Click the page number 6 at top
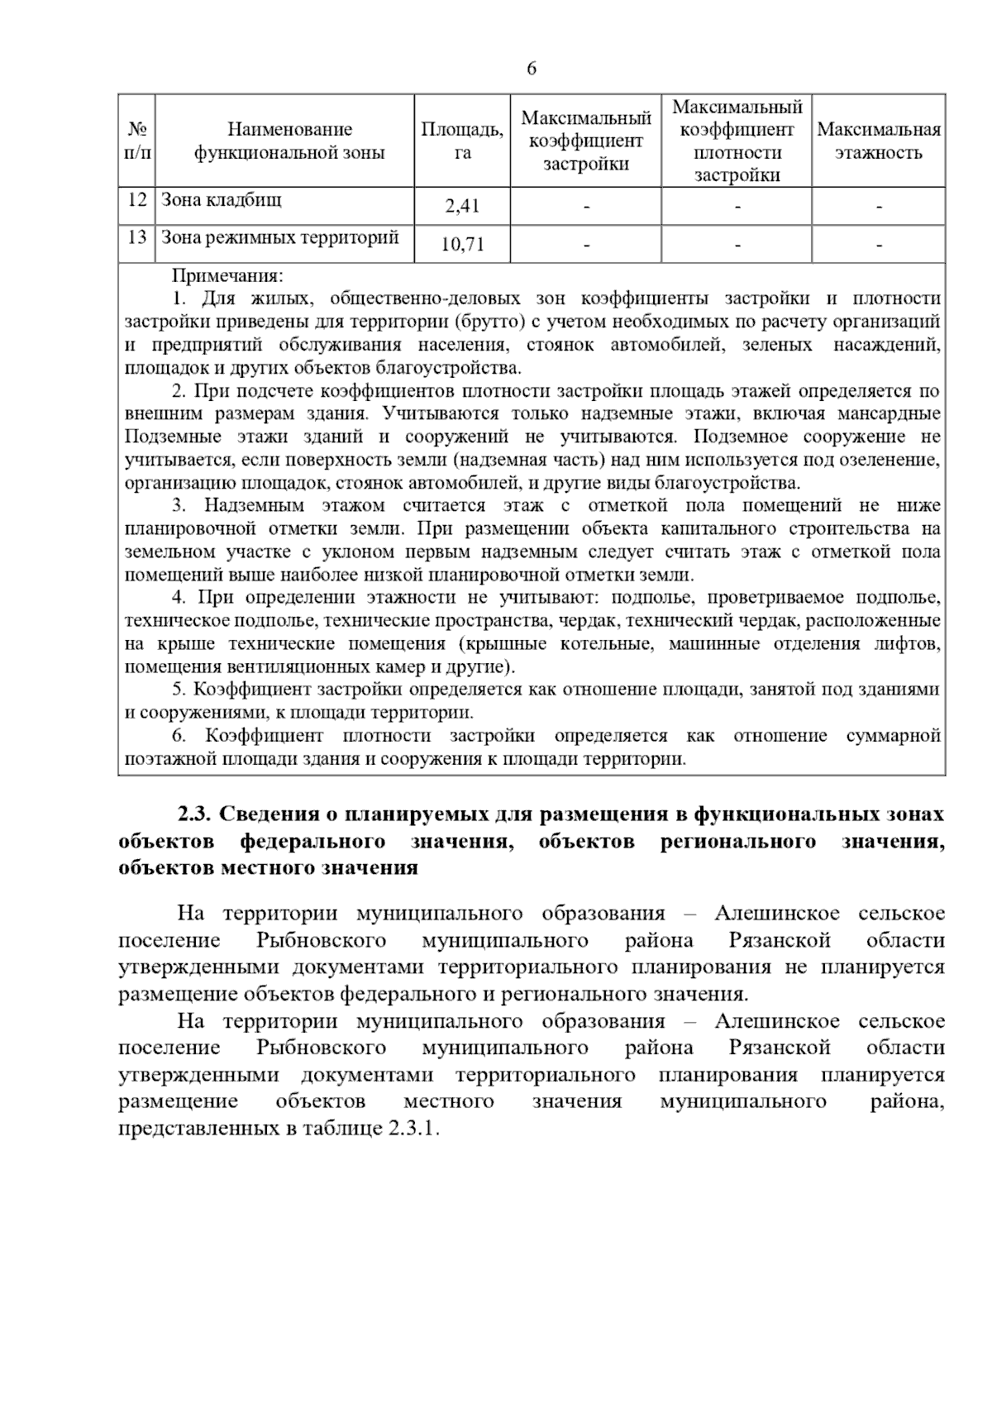(532, 69)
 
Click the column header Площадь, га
(462, 141)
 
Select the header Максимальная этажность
(879, 141)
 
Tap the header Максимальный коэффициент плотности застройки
(737, 141)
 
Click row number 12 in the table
(137, 199)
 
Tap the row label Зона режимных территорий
(279, 238)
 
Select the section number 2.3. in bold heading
(195, 814)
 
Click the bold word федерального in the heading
(312, 842)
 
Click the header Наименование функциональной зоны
(289, 141)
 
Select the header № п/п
(137, 141)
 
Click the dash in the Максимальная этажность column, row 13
(879, 246)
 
